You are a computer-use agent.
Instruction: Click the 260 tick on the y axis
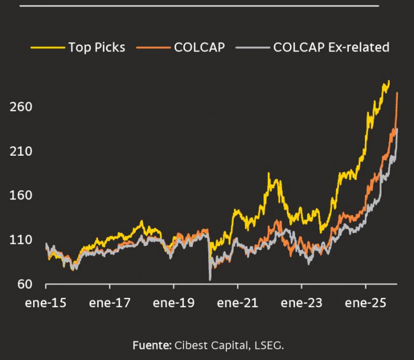20,107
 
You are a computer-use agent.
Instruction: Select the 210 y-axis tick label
20,152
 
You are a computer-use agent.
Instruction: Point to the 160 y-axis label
20,196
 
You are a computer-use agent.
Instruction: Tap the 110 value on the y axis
20,240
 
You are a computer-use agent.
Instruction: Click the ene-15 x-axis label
46,303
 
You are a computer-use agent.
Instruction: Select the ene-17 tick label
109,303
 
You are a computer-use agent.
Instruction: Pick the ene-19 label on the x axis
173,303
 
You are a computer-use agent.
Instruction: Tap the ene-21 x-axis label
237,303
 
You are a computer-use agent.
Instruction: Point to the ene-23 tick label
302,303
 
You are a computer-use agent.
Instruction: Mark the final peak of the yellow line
388,81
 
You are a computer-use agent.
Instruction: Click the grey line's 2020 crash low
210,279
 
